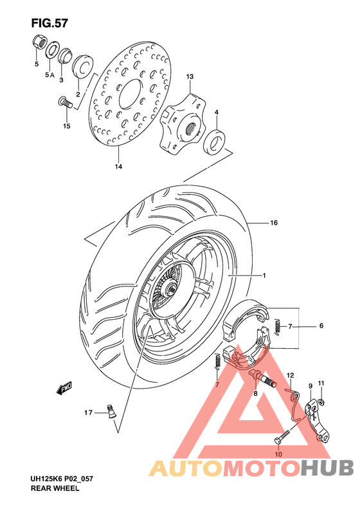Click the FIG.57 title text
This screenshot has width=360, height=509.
49,23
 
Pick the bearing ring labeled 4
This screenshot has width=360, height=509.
215,141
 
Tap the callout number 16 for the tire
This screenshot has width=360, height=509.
273,223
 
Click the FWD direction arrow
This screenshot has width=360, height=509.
64,388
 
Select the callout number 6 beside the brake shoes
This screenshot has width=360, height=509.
321,326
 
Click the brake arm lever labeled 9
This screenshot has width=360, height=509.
318,418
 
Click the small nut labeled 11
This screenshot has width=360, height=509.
321,403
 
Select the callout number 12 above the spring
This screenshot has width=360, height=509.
290,375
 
